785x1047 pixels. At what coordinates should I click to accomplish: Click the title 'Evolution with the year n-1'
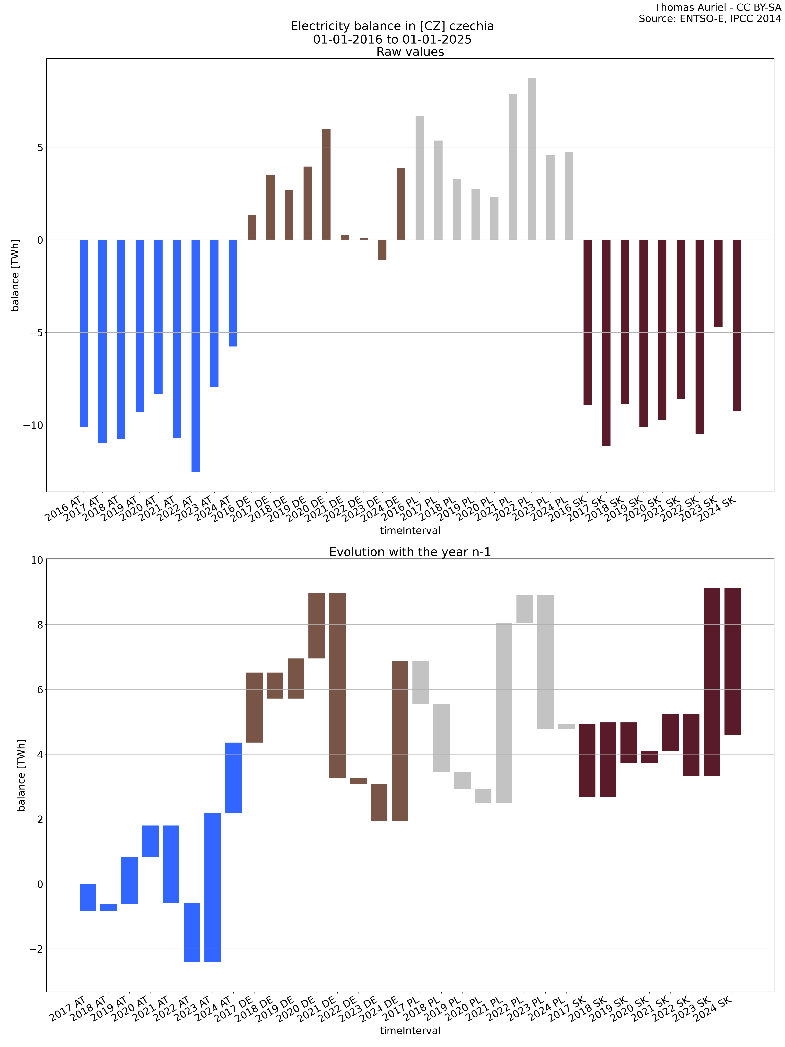point(410,552)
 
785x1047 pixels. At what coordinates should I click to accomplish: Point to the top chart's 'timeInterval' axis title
point(410,531)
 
